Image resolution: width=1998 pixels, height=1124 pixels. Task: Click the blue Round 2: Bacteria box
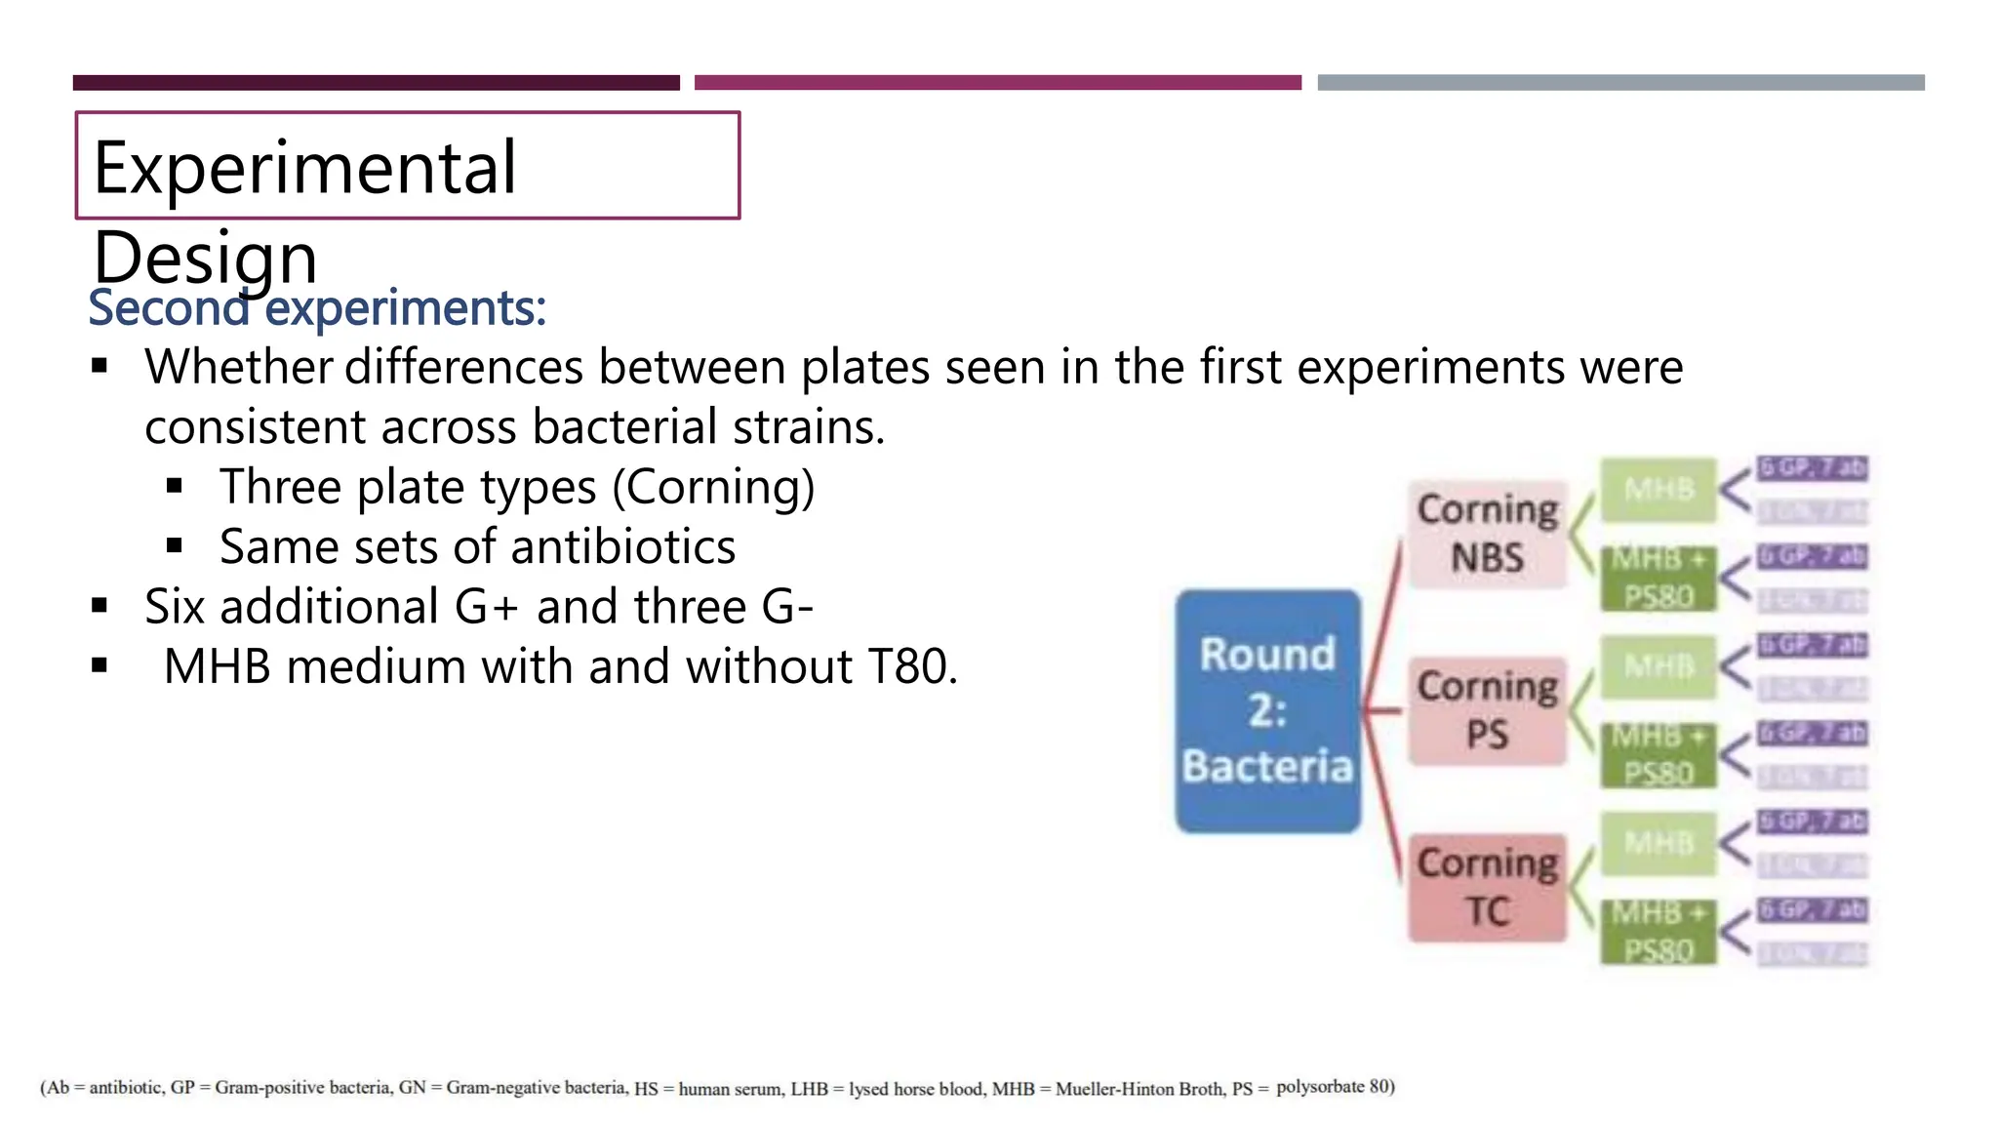tap(1267, 710)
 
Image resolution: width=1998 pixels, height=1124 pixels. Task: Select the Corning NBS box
tap(1488, 534)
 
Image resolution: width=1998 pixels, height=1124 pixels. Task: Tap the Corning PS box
tap(1488, 710)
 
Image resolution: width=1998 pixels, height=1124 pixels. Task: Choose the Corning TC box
tap(1488, 887)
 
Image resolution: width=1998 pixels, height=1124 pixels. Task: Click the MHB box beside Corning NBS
tap(1658, 489)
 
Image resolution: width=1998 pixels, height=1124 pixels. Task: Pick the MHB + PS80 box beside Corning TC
tap(1658, 932)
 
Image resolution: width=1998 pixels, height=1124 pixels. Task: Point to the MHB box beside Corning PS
tap(1658, 666)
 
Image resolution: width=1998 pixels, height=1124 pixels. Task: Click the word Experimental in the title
tap(304, 168)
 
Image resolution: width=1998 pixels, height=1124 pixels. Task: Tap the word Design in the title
tap(205, 258)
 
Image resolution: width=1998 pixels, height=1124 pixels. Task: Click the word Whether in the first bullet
tap(239, 368)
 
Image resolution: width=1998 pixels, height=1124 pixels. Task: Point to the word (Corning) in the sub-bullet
tap(713, 487)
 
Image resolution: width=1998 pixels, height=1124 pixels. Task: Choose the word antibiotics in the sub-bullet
tap(623, 546)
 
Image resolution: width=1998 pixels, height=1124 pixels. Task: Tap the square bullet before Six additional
tap(100, 606)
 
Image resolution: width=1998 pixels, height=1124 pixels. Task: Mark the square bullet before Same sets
tap(175, 545)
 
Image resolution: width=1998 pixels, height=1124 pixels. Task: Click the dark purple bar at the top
tap(376, 83)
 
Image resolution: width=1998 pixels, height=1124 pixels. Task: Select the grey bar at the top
tap(1620, 83)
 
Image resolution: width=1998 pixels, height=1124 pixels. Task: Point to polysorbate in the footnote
tap(1319, 1087)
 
